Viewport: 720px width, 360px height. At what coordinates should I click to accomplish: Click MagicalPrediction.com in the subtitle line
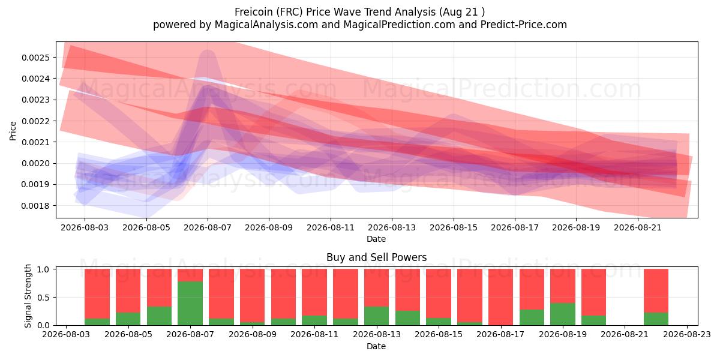[x=399, y=25]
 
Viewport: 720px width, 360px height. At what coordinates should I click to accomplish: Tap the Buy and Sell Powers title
[x=376, y=257]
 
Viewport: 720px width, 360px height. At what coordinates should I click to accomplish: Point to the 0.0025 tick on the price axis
[x=35, y=58]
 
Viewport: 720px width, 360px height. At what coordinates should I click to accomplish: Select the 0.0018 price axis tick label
[x=35, y=206]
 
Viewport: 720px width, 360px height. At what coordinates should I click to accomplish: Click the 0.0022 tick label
[x=35, y=121]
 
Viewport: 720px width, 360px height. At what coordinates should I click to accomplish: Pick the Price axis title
[x=13, y=131]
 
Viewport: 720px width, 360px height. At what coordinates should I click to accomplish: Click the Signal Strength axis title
[x=28, y=296]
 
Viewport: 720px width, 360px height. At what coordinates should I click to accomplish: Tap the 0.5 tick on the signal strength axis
[x=43, y=298]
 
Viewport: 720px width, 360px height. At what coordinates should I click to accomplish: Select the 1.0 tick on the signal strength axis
[x=43, y=269]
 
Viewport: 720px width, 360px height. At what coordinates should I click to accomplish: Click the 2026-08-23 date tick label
[x=687, y=335]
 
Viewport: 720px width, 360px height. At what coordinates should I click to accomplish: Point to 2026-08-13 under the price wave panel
[x=392, y=227]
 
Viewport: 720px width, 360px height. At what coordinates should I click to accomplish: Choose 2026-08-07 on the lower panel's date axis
[x=190, y=335]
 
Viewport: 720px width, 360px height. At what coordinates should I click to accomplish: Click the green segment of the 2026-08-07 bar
[x=190, y=303]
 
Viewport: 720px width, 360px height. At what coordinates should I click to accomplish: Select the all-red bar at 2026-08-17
[x=501, y=297]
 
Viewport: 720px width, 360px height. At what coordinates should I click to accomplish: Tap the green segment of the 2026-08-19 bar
[x=563, y=314]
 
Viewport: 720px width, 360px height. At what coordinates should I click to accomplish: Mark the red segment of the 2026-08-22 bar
[x=656, y=290]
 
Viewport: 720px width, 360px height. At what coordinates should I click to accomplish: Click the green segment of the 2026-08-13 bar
[x=376, y=316]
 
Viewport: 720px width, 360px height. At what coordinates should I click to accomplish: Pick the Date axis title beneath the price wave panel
[x=376, y=239]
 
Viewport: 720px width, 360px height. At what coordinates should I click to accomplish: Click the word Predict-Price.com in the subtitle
[x=524, y=25]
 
